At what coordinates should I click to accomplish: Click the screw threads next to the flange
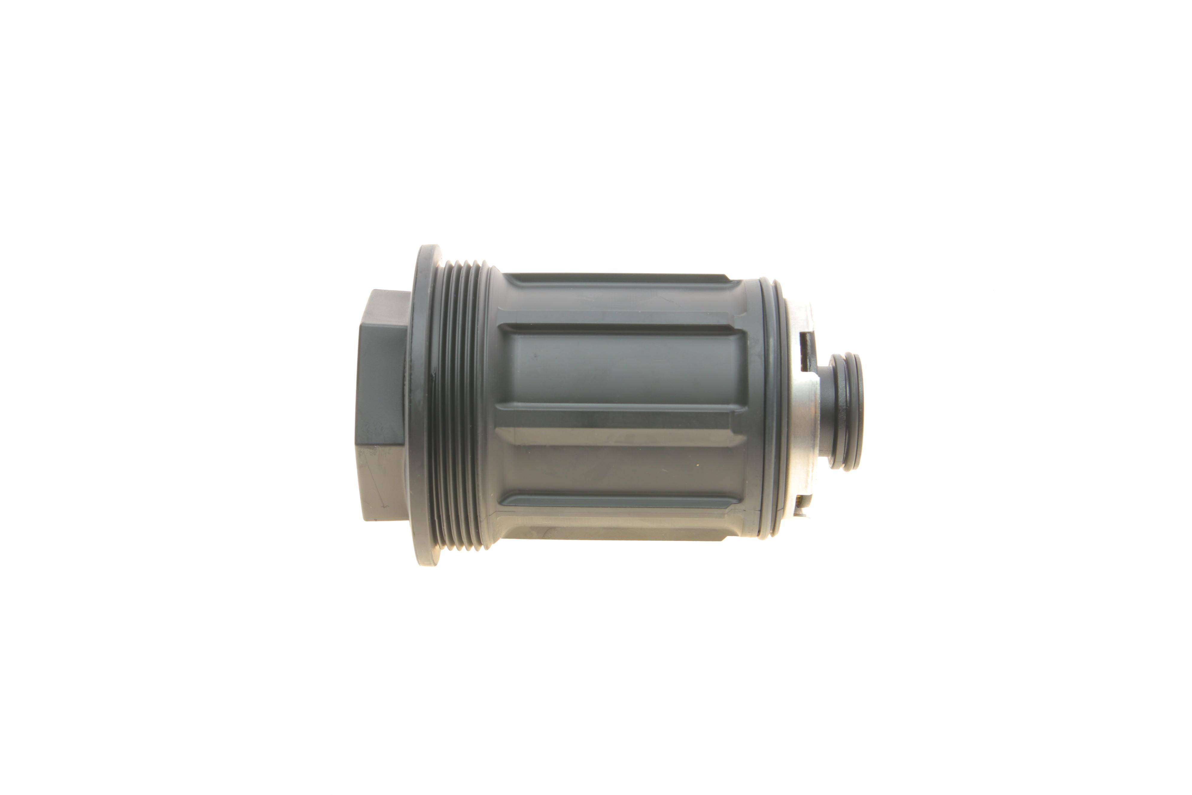(x=459, y=406)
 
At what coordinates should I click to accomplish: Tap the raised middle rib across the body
(x=618, y=436)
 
